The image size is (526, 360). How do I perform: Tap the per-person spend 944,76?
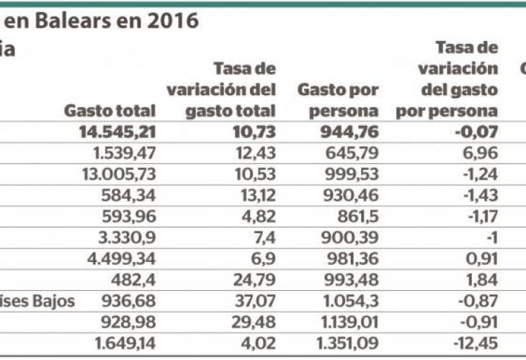[x=349, y=132]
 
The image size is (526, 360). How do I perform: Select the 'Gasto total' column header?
[x=110, y=112]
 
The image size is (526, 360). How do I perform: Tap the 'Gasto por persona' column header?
[x=338, y=102]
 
